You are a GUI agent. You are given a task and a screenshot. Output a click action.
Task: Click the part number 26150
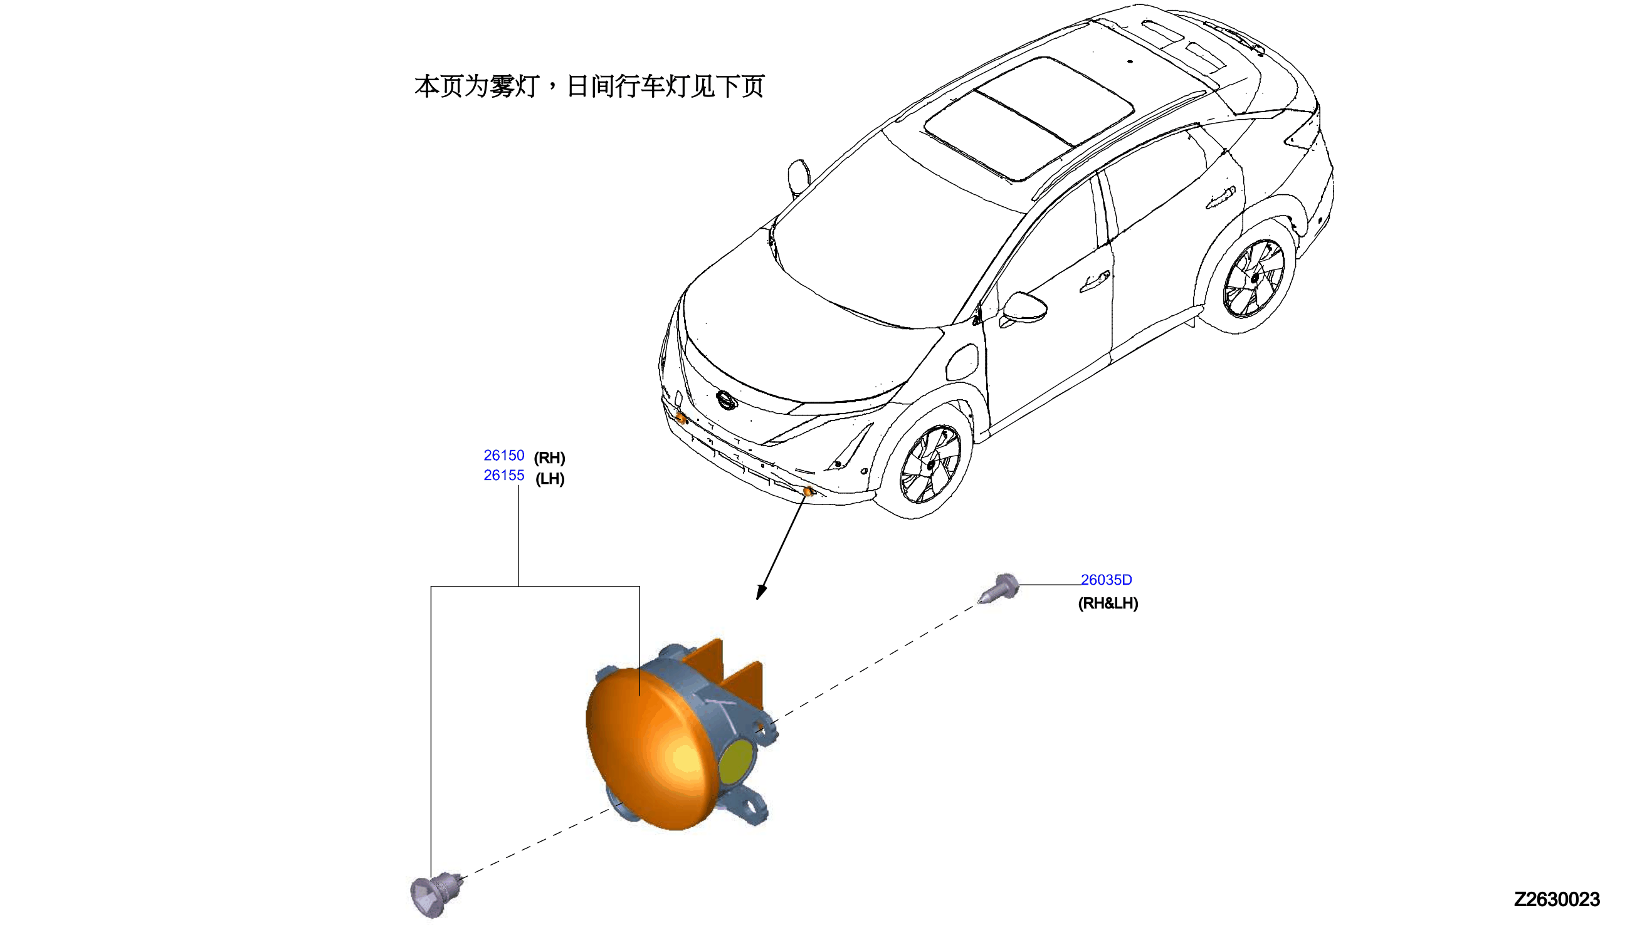[x=503, y=456]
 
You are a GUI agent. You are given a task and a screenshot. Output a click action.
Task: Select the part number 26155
[x=503, y=475]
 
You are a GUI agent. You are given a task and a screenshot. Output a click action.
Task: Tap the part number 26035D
[x=1106, y=580]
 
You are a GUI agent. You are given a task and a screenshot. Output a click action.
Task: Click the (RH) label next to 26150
[x=549, y=458]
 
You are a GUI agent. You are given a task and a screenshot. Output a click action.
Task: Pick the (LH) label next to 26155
[x=549, y=478]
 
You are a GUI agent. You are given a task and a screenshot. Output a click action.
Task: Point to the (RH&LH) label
[x=1108, y=603]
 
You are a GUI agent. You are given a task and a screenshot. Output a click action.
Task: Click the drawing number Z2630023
[x=1556, y=899]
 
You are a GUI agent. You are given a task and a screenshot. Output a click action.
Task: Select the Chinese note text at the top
[x=589, y=86]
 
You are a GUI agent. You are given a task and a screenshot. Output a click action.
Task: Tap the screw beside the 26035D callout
[x=999, y=588]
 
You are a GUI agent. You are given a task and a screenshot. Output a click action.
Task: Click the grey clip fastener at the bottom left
[x=434, y=894]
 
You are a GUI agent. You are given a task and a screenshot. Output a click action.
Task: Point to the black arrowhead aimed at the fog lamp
[x=761, y=592]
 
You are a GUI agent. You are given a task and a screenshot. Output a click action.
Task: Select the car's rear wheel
[x=1253, y=278]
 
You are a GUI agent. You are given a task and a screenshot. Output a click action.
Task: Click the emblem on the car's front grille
[x=727, y=400]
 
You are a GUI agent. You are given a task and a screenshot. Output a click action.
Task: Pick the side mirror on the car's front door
[x=1025, y=308]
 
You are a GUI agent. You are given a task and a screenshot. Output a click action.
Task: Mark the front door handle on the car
[x=1095, y=281]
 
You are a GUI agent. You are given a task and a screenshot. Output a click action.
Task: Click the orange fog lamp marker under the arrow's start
[x=808, y=491]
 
